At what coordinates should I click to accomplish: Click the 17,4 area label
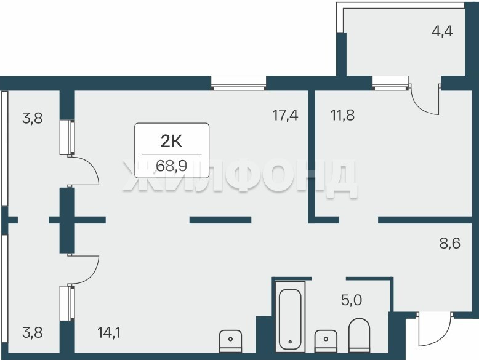(x=285, y=116)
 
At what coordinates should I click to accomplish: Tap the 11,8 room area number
(x=342, y=116)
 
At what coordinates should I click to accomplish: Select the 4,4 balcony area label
(x=442, y=31)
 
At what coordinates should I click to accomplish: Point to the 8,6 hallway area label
(x=449, y=244)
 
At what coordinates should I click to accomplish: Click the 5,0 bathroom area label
(x=352, y=300)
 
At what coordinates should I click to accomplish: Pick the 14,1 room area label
(x=109, y=332)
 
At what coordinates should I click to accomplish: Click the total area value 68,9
(x=171, y=166)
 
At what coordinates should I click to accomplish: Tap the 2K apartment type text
(x=171, y=142)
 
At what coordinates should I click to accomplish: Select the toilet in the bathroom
(x=359, y=335)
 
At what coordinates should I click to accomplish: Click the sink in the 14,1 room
(x=231, y=342)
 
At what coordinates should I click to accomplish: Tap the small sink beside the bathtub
(x=326, y=342)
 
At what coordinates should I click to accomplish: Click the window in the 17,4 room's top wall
(x=238, y=83)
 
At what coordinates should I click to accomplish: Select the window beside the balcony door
(x=390, y=83)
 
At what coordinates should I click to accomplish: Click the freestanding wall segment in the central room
(x=220, y=220)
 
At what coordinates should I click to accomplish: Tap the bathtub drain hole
(x=290, y=342)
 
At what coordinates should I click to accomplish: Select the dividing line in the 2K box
(x=172, y=154)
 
